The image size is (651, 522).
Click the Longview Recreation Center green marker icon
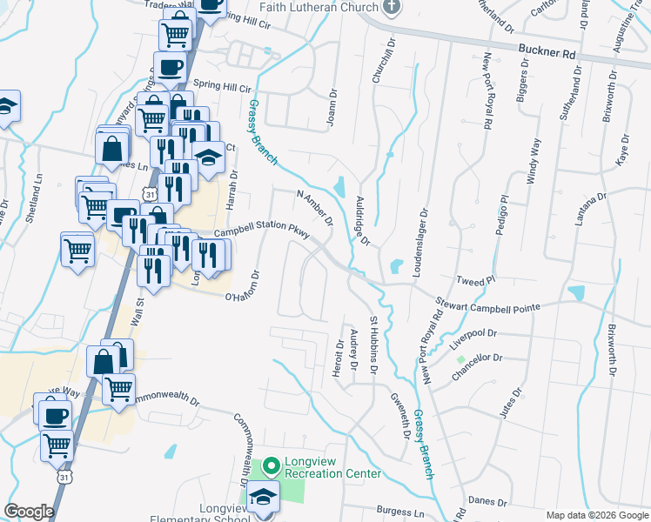[269, 467]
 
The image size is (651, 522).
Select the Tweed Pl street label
[475, 281]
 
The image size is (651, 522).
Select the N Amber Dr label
[314, 207]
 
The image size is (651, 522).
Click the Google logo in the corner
[29, 512]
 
